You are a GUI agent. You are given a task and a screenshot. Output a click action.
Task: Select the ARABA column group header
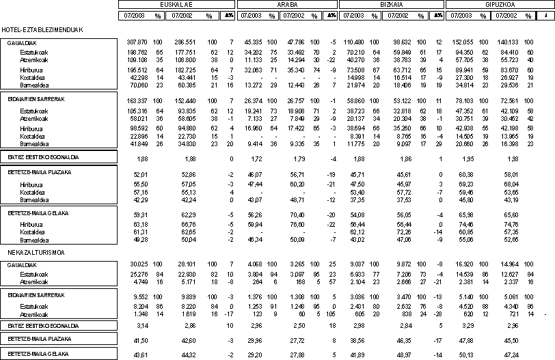(285, 4)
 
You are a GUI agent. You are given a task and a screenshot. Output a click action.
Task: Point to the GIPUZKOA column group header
(500, 4)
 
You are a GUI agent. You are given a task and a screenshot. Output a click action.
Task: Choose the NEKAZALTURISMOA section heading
(27, 253)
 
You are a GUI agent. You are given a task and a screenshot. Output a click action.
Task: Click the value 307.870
(137, 43)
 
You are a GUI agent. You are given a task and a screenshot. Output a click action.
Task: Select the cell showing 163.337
(137, 100)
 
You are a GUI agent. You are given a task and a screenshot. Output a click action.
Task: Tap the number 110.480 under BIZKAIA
(359, 43)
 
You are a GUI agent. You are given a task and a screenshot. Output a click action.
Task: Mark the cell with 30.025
(139, 263)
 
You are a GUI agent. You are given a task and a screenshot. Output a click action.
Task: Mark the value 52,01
(142, 175)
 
